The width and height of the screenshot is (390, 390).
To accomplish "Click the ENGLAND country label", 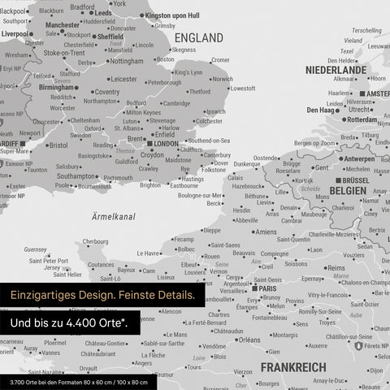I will [x=198, y=38].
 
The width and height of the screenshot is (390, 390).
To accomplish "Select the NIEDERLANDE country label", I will [x=336, y=70].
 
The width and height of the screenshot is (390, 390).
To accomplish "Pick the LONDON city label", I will [x=165, y=144].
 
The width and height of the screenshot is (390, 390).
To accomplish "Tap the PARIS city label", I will [x=266, y=288].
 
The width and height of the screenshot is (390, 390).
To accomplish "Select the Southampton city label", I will [x=77, y=175].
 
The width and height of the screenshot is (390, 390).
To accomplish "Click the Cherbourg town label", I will [x=95, y=241].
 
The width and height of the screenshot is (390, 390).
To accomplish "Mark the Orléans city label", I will [x=249, y=340].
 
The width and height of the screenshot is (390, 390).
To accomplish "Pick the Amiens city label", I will [x=266, y=232].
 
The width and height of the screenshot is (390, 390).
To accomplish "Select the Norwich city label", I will [x=221, y=79].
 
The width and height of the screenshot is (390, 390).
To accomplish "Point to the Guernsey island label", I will [x=36, y=249].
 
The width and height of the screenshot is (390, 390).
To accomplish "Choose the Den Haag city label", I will [x=323, y=110].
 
